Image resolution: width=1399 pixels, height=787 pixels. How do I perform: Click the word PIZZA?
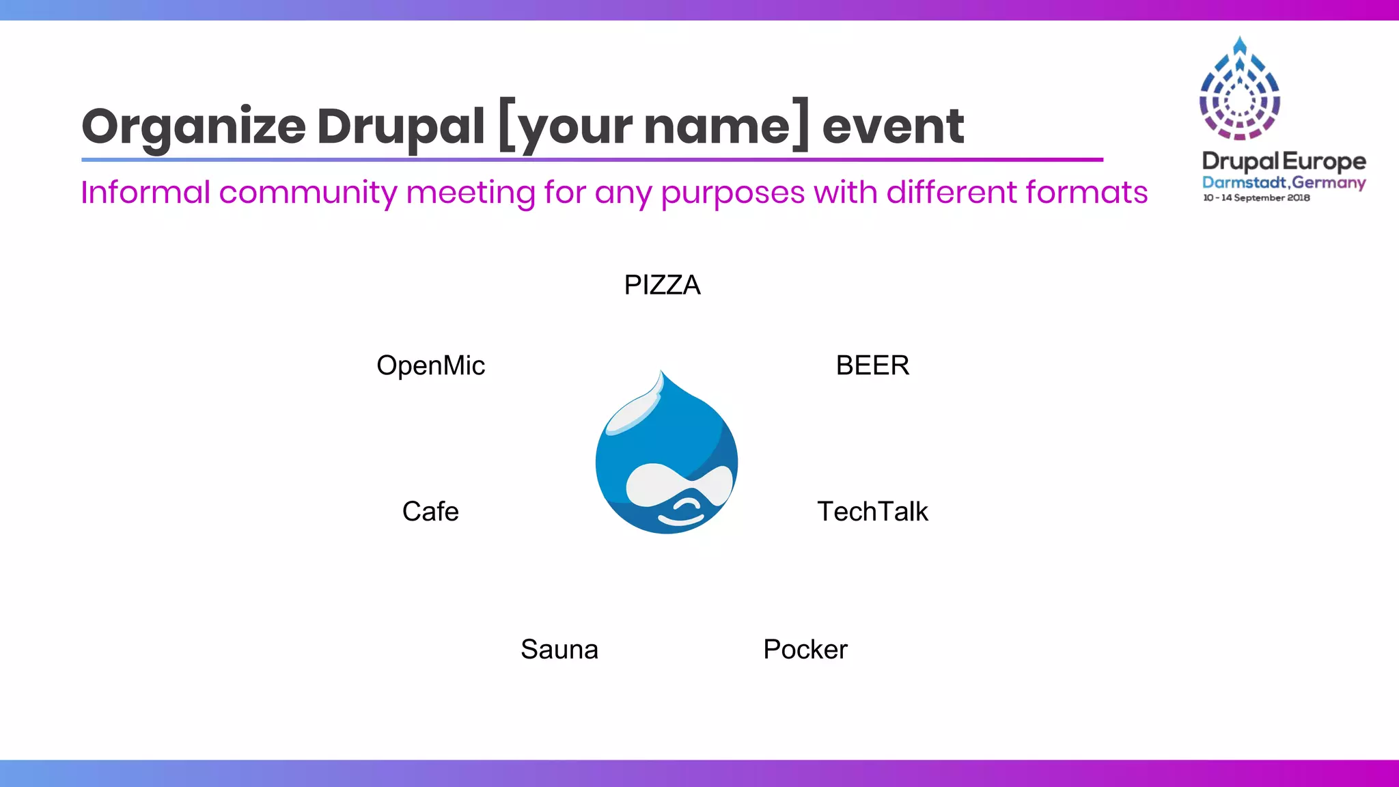[x=662, y=285]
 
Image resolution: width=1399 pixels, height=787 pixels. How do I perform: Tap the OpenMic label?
[x=430, y=365]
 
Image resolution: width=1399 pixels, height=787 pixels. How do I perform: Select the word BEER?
[x=872, y=365]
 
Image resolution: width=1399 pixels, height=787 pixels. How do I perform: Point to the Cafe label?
[x=430, y=511]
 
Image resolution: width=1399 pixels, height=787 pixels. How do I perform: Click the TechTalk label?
[x=872, y=511]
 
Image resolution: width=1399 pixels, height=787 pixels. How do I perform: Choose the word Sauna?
[x=559, y=649]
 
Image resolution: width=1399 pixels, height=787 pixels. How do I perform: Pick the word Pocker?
[x=805, y=649]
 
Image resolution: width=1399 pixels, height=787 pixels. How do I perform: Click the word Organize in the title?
[x=193, y=127]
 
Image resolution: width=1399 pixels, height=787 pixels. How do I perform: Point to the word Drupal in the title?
[x=400, y=127]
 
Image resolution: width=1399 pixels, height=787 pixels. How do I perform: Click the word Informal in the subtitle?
[x=145, y=193]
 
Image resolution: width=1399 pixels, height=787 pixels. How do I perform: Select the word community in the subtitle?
[x=307, y=193]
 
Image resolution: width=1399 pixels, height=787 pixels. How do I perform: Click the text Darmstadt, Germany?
[x=1284, y=182]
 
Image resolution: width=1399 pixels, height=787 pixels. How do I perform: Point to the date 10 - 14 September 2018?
[x=1256, y=197]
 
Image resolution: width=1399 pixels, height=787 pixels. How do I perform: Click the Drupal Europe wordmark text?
[x=1284, y=161]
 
